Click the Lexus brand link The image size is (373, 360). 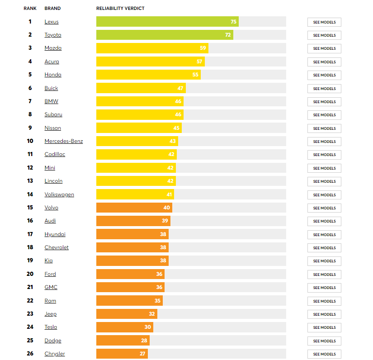(52, 22)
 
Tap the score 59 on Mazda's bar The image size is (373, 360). (203, 48)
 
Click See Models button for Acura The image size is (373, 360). (324, 62)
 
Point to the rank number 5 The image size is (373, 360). (30, 75)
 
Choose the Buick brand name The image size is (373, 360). (51, 88)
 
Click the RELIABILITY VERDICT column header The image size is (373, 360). (120, 9)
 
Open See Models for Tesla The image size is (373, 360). (324, 327)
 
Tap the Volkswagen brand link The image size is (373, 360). (59, 194)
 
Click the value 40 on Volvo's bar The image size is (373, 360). (166, 208)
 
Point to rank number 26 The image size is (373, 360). (30, 354)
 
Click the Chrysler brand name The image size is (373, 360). (55, 354)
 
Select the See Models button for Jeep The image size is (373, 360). (324, 314)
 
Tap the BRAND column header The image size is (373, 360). (52, 9)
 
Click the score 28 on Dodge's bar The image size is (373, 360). (144, 341)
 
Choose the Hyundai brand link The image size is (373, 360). (55, 234)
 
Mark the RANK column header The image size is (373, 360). (30, 9)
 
